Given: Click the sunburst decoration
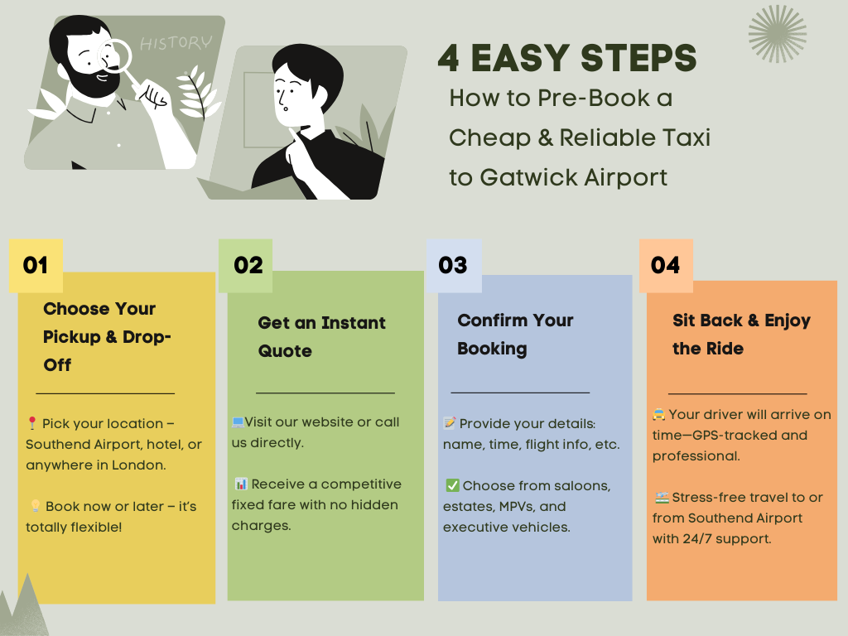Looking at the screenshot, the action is tap(777, 33).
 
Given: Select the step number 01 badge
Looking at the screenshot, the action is tap(36, 266).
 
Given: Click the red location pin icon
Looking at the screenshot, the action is tap(32, 423).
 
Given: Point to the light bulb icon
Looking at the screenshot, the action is tap(35, 506).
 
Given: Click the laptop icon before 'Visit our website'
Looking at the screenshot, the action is tap(238, 422).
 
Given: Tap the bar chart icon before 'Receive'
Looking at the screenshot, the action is tap(241, 484).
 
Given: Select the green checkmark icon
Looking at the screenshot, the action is tap(452, 485).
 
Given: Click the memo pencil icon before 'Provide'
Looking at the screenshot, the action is tap(450, 423).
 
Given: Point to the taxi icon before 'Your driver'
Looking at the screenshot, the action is tap(658, 415).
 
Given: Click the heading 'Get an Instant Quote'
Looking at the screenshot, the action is tap(322, 336).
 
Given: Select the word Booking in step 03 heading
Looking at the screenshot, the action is tap(492, 349).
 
